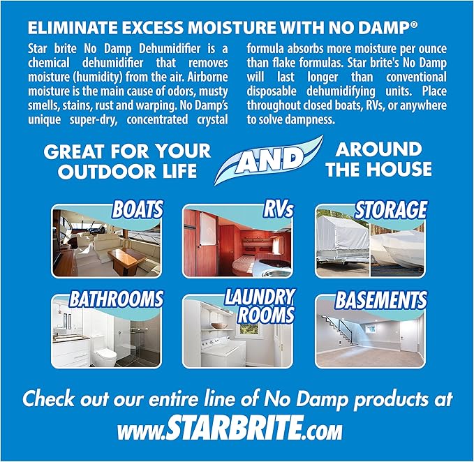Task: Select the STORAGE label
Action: [390, 209]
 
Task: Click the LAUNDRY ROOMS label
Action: [260, 306]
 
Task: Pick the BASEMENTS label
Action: [380, 301]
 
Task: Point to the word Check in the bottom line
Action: [52, 400]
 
